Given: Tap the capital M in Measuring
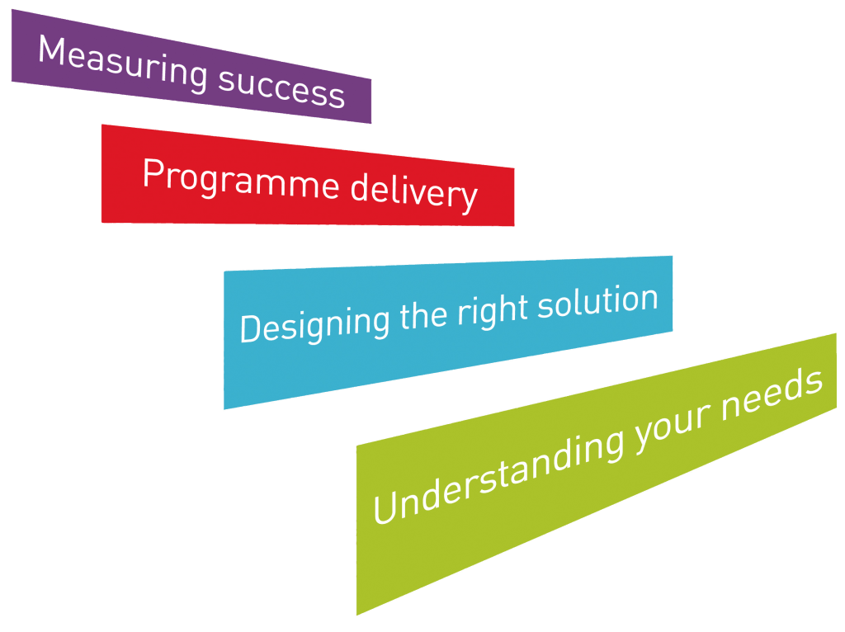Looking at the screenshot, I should pos(52,52).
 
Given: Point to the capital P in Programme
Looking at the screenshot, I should pos(151,172).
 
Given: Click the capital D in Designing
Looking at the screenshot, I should pos(248,330).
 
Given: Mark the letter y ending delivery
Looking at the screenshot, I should pos(468,198).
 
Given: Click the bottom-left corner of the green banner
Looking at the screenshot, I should pos(356,614).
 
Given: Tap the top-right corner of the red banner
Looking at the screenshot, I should pos(514,169).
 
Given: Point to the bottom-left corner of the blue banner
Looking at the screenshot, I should pos(224,409).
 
